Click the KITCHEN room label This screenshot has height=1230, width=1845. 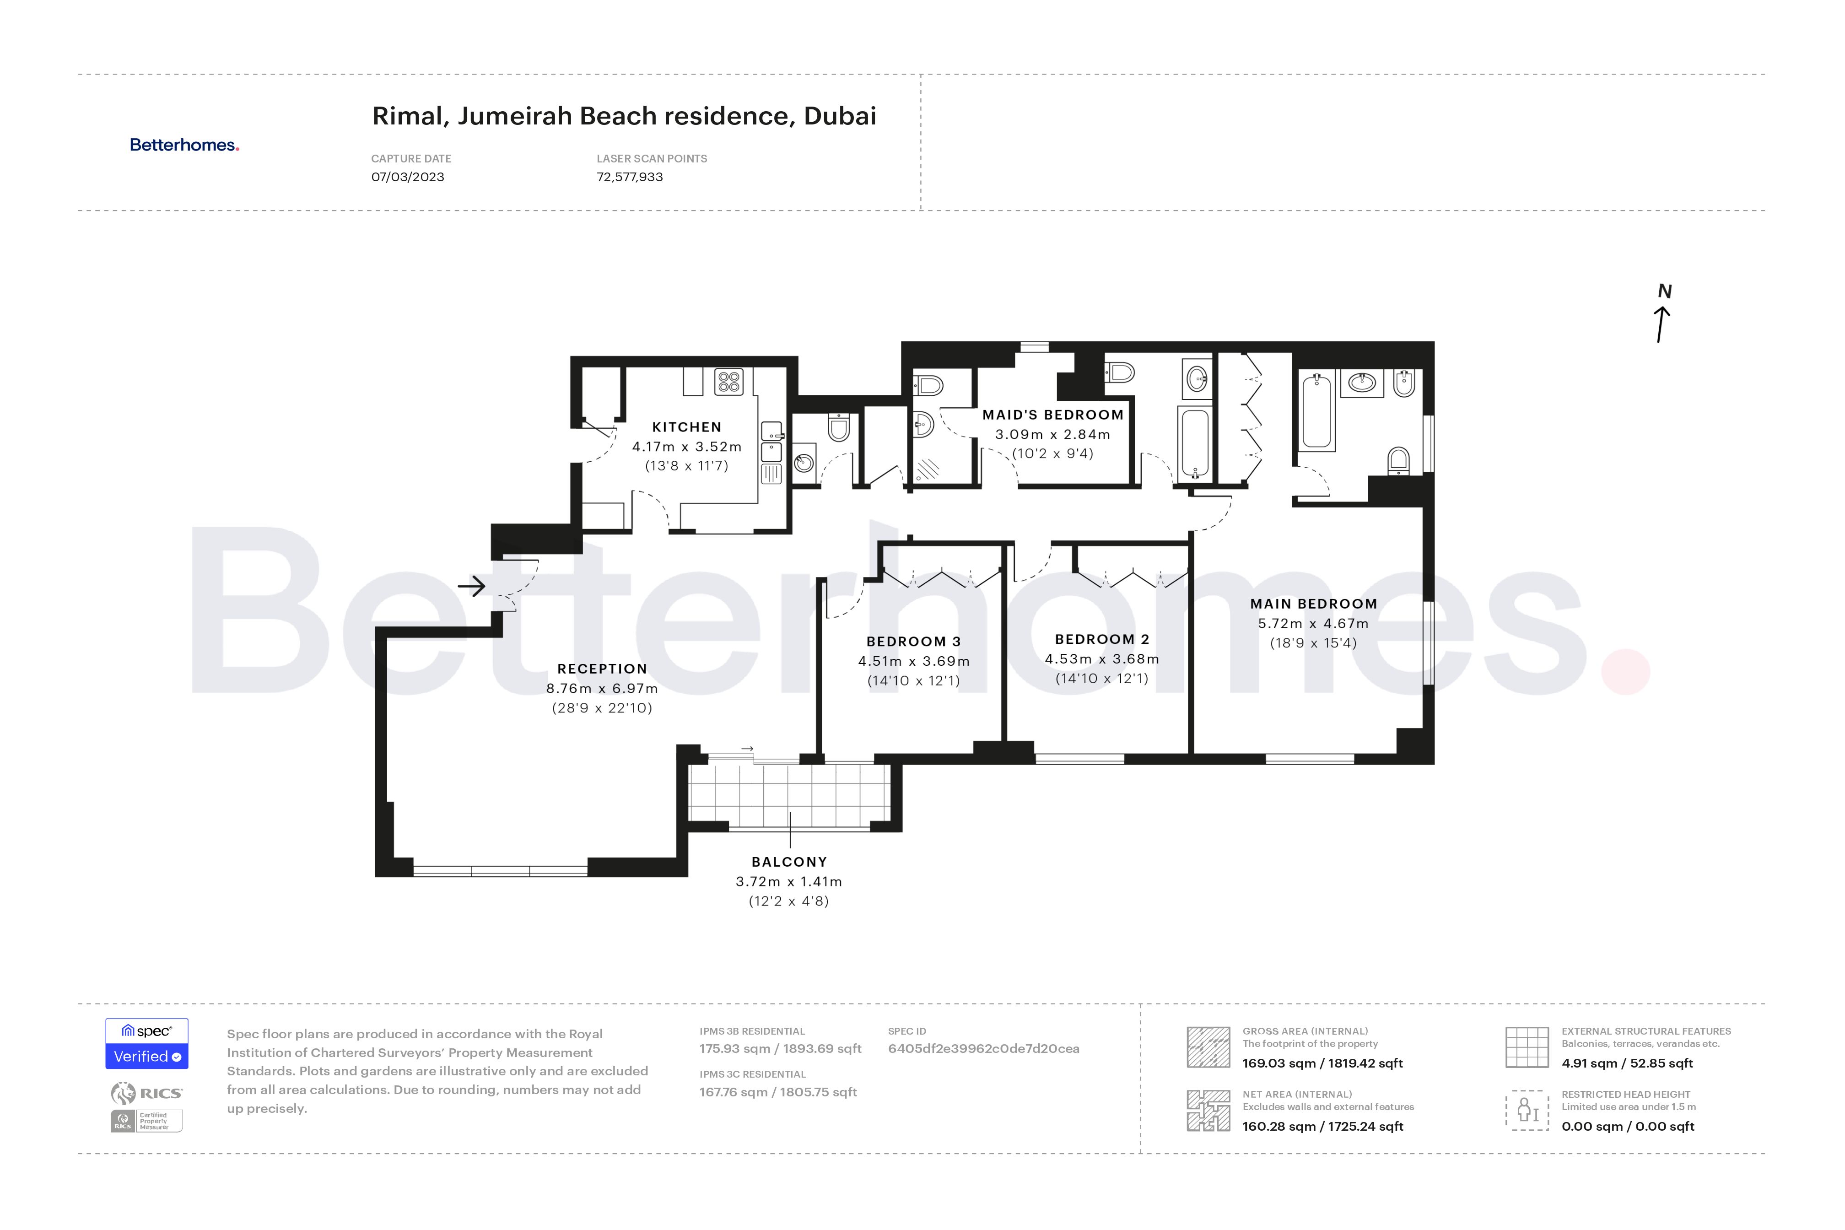686,427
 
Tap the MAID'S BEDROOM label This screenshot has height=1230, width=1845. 1053,415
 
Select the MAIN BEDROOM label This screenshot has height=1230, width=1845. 1313,604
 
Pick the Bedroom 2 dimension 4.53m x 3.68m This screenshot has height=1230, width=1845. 1101,659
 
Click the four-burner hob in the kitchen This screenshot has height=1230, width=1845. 729,382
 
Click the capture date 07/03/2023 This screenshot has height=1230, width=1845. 407,177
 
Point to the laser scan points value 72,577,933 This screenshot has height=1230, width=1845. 629,177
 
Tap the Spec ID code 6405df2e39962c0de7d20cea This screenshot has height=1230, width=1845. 983,1049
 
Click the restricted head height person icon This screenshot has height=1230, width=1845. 1527,1110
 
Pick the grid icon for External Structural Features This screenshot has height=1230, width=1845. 1527,1047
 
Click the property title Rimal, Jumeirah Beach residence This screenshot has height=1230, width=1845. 624,116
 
